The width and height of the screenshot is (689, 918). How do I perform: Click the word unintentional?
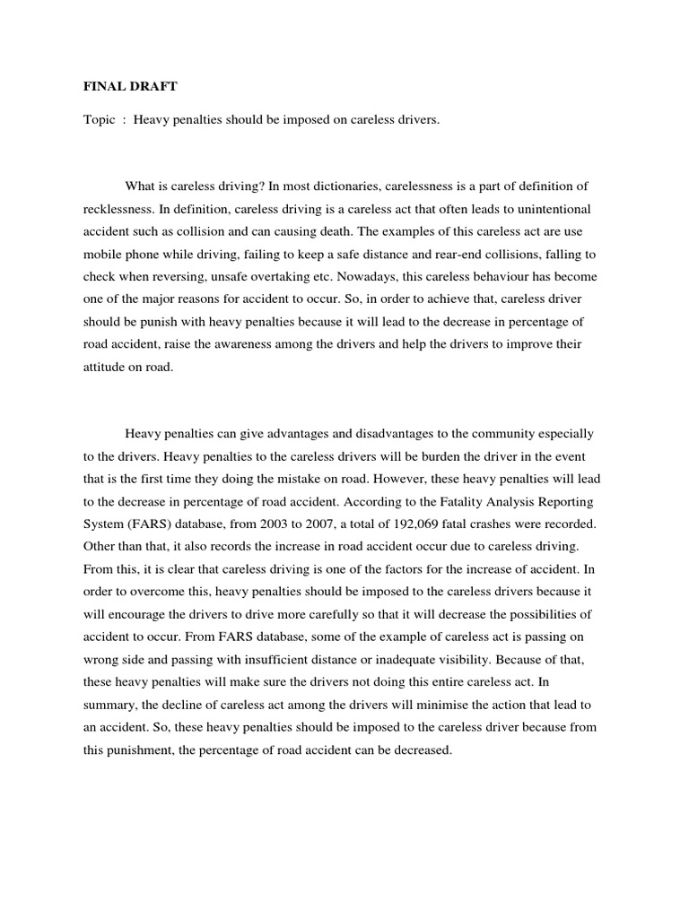(x=566, y=209)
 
